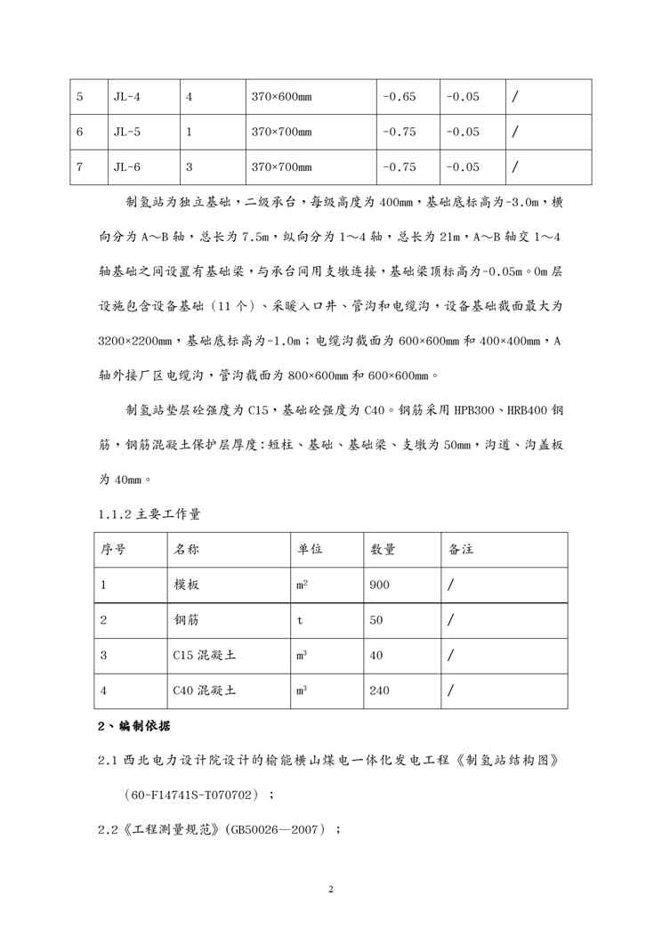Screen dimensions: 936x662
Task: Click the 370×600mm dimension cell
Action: tap(281, 97)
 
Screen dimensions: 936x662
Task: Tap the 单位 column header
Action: tap(310, 550)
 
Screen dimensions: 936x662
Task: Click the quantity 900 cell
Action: tap(379, 585)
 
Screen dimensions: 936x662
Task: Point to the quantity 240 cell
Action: tap(379, 690)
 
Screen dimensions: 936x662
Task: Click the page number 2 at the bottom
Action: tap(330, 889)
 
